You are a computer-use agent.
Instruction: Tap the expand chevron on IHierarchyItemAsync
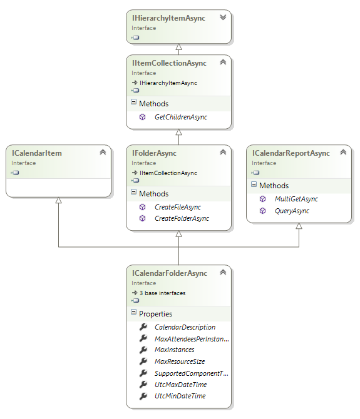222,18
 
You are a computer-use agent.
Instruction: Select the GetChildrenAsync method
180,117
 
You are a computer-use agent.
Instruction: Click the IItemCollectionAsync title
168,63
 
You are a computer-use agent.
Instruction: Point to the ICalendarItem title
37,153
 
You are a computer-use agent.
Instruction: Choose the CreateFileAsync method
177,207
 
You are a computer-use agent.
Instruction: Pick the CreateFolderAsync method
182,218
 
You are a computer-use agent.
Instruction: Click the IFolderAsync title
154,153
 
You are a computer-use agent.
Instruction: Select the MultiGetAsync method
296,199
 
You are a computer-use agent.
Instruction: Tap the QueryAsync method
292,211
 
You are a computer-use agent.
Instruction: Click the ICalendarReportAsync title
291,153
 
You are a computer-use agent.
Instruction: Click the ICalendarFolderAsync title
169,273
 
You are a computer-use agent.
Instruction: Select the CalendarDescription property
185,327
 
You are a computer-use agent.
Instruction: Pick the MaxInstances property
174,350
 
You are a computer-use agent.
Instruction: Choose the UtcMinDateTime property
180,396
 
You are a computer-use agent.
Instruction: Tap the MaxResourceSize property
180,361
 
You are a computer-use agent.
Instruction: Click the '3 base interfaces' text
162,293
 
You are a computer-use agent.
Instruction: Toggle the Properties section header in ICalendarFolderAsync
155,313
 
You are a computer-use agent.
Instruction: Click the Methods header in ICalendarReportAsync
274,186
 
